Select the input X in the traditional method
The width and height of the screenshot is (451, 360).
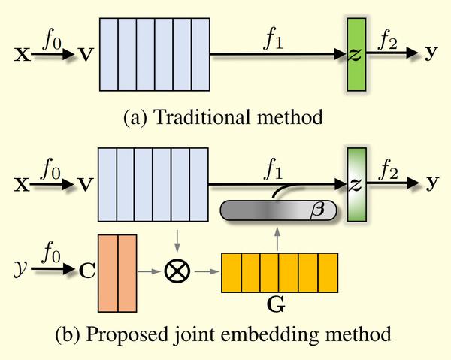pyautogui.click(x=22, y=56)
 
